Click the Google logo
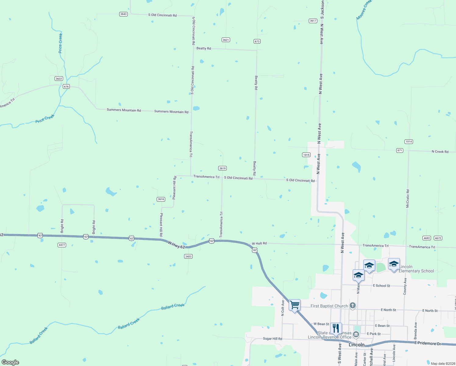pyautogui.click(x=10, y=362)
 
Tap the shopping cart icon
pyautogui.click(x=294, y=305)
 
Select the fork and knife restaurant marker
pyautogui.click(x=336, y=328)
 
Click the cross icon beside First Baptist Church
pyautogui.click(x=353, y=306)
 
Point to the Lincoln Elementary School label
pyautogui.click(x=416, y=269)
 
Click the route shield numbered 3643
pyautogui.click(x=123, y=14)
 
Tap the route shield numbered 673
pyautogui.click(x=257, y=41)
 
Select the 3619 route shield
pyautogui.click(x=222, y=168)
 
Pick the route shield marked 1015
pyautogui.click(x=306, y=155)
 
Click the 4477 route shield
pyautogui.click(x=62, y=245)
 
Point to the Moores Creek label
pyautogui.click(x=364, y=10)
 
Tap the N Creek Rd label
pyautogui.click(x=440, y=152)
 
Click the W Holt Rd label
pyautogui.click(x=259, y=243)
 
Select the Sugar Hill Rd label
pyautogui.click(x=273, y=339)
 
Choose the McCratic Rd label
pyautogui.click(x=408, y=199)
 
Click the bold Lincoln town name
pyautogui.click(x=356, y=345)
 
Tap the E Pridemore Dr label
pyautogui.click(x=427, y=343)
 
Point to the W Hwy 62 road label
pyautogui.click(x=176, y=245)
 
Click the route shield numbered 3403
pyautogui.click(x=188, y=256)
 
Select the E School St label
pyautogui.click(x=381, y=286)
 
